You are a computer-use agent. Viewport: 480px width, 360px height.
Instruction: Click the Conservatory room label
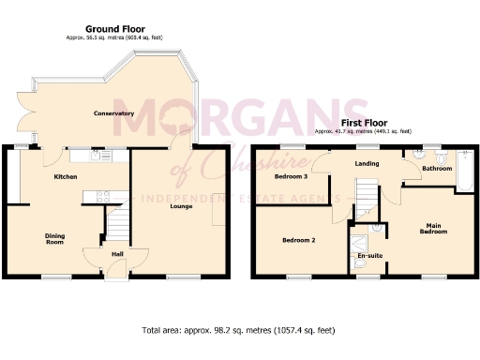[x=113, y=113]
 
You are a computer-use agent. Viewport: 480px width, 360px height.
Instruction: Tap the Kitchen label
[x=65, y=176]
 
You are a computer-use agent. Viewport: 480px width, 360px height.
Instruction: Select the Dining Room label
[x=55, y=239]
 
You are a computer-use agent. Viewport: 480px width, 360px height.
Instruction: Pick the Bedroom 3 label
[x=291, y=176]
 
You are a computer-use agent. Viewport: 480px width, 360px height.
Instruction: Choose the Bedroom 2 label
[x=298, y=240]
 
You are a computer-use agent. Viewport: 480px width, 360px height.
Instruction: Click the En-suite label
[x=369, y=254]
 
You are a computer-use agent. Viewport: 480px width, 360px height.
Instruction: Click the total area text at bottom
[x=239, y=331]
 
